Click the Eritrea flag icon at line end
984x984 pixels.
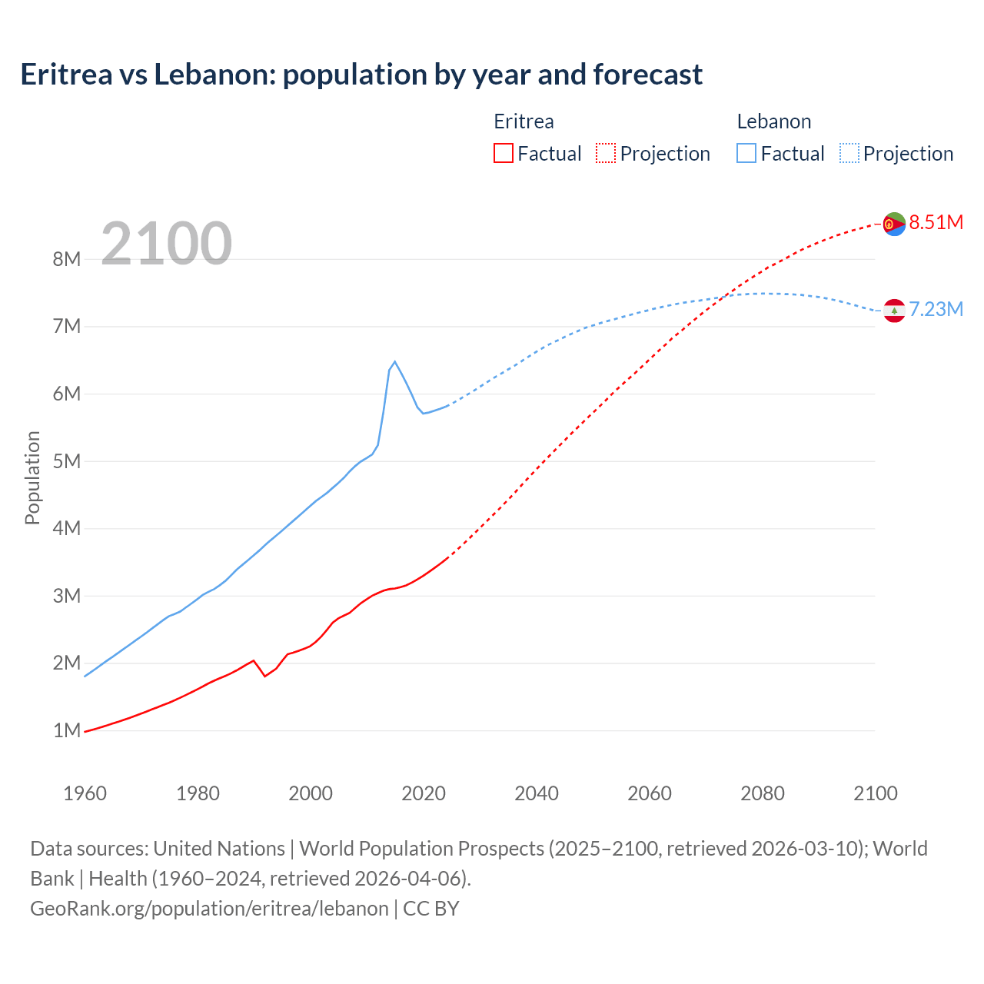coord(893,224)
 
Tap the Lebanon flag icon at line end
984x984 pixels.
coord(893,311)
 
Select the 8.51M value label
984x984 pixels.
coord(936,223)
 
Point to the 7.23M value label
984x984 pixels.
coord(936,310)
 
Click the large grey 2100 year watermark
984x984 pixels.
coord(166,244)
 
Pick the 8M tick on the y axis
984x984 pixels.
coord(67,259)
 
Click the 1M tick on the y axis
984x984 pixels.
coord(67,730)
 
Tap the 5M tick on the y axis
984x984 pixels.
coord(67,461)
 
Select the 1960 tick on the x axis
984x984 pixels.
coord(85,793)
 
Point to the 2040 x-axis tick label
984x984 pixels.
coord(537,793)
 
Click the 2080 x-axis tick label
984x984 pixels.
coord(763,793)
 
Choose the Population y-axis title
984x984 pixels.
coord(32,477)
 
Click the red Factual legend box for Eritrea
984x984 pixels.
coord(504,154)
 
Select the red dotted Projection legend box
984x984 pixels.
coord(606,154)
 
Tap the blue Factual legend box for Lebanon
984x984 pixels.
coord(746,154)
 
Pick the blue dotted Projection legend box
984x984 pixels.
coord(849,154)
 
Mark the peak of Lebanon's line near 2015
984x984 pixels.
coord(394,361)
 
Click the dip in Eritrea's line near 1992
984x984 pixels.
coord(264,676)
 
